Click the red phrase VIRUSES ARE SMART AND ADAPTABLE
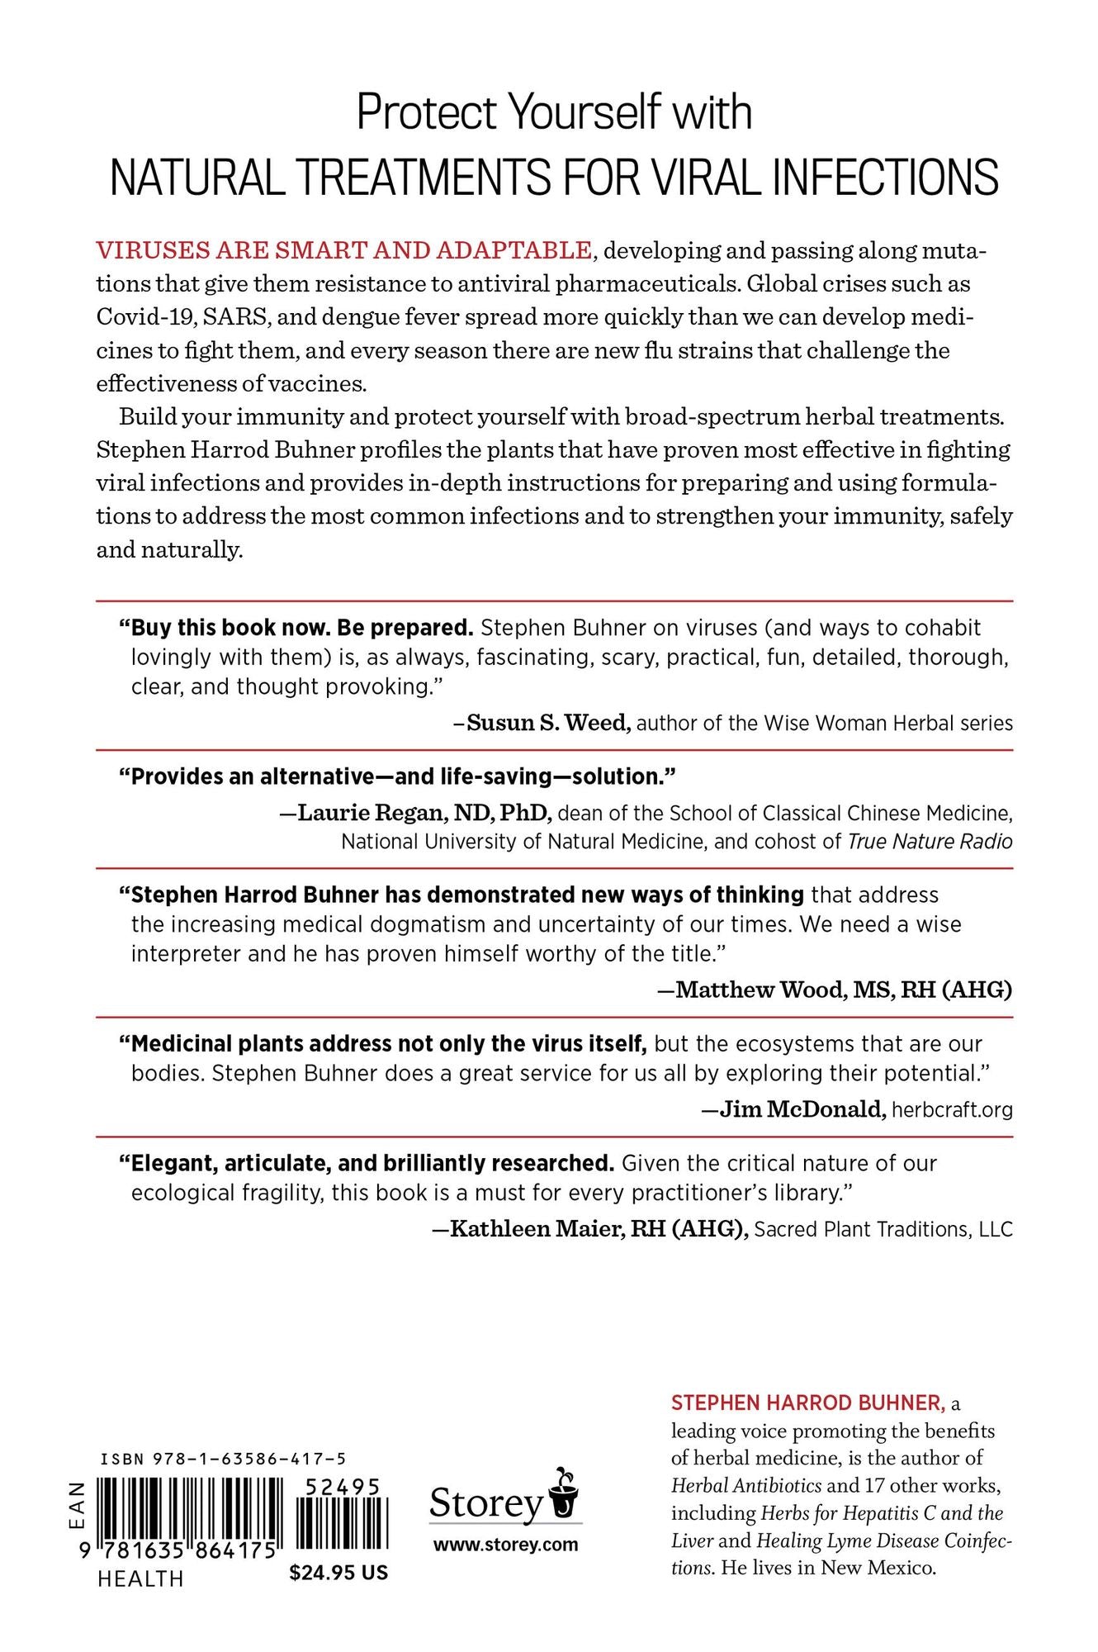pos(343,249)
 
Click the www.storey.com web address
pos(505,1545)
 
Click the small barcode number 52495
pos(342,1487)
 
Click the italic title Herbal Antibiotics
pos(746,1485)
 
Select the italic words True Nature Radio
pos(930,842)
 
